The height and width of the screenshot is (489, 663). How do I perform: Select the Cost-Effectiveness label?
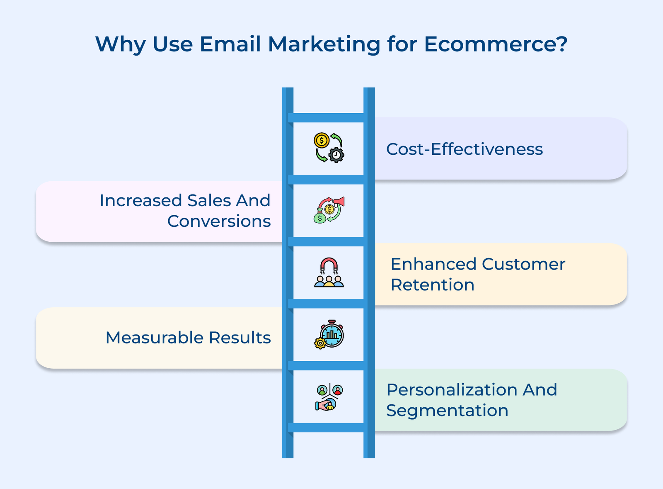click(x=464, y=149)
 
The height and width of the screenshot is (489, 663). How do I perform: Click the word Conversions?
click(x=219, y=221)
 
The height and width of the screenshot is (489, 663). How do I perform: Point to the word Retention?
click(x=432, y=285)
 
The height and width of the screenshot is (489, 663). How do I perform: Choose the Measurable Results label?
click(x=188, y=338)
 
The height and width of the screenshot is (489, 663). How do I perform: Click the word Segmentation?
click(x=447, y=411)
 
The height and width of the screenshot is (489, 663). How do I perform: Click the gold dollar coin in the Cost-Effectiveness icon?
click(x=321, y=140)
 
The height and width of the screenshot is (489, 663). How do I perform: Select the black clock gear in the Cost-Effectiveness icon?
click(x=336, y=155)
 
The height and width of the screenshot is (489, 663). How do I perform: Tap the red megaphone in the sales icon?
click(x=339, y=202)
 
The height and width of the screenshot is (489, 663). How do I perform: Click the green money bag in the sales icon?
click(x=319, y=217)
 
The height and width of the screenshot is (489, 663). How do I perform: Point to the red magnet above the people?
click(x=329, y=264)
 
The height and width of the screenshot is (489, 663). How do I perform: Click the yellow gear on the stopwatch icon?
click(x=320, y=343)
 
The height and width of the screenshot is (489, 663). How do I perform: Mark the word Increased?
click(x=141, y=201)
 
